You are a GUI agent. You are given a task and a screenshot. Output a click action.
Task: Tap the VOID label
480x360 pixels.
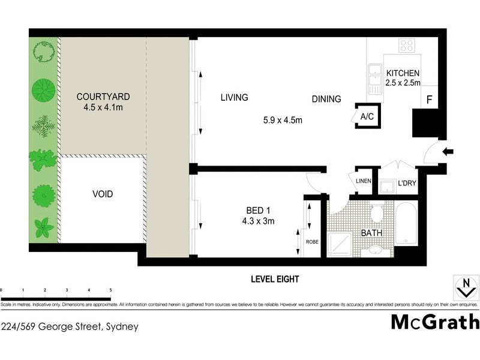103,194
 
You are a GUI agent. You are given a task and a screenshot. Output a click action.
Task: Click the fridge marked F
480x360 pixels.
430,100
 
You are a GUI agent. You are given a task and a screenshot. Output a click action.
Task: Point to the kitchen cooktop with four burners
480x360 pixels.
406,46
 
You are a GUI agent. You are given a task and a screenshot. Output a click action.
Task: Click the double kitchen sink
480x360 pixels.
375,78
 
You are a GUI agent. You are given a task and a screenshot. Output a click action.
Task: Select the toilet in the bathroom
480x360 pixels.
377,213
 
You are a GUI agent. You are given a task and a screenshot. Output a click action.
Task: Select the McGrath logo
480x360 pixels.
435,322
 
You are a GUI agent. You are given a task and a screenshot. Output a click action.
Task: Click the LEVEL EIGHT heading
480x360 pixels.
275,279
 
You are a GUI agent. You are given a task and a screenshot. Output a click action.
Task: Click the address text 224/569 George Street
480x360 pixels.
70,327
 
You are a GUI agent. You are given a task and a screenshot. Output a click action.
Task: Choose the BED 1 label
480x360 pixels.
259,210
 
